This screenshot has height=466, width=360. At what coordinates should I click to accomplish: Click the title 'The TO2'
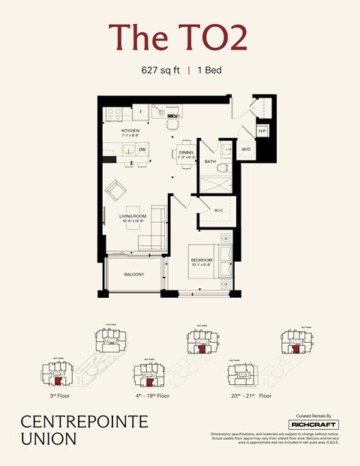click(x=178, y=38)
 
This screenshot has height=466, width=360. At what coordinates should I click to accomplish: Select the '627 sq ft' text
click(x=162, y=71)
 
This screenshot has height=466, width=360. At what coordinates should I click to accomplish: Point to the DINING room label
click(x=185, y=153)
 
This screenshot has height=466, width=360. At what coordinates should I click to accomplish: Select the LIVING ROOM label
click(x=132, y=218)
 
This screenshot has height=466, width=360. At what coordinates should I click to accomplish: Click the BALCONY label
click(x=134, y=275)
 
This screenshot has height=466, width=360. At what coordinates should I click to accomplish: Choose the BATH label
click(x=210, y=161)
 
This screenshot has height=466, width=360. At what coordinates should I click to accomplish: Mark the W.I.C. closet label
click(x=218, y=210)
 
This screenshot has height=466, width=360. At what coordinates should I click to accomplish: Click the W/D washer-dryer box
click(x=246, y=149)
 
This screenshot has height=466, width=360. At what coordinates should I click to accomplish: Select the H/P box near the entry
click(x=262, y=131)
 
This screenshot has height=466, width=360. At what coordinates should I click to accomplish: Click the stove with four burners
click(x=114, y=115)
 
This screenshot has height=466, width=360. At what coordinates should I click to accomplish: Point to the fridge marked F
click(x=141, y=113)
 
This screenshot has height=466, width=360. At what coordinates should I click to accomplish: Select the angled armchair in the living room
click(x=116, y=191)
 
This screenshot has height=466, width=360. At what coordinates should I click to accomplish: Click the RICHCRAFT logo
click(x=313, y=425)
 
